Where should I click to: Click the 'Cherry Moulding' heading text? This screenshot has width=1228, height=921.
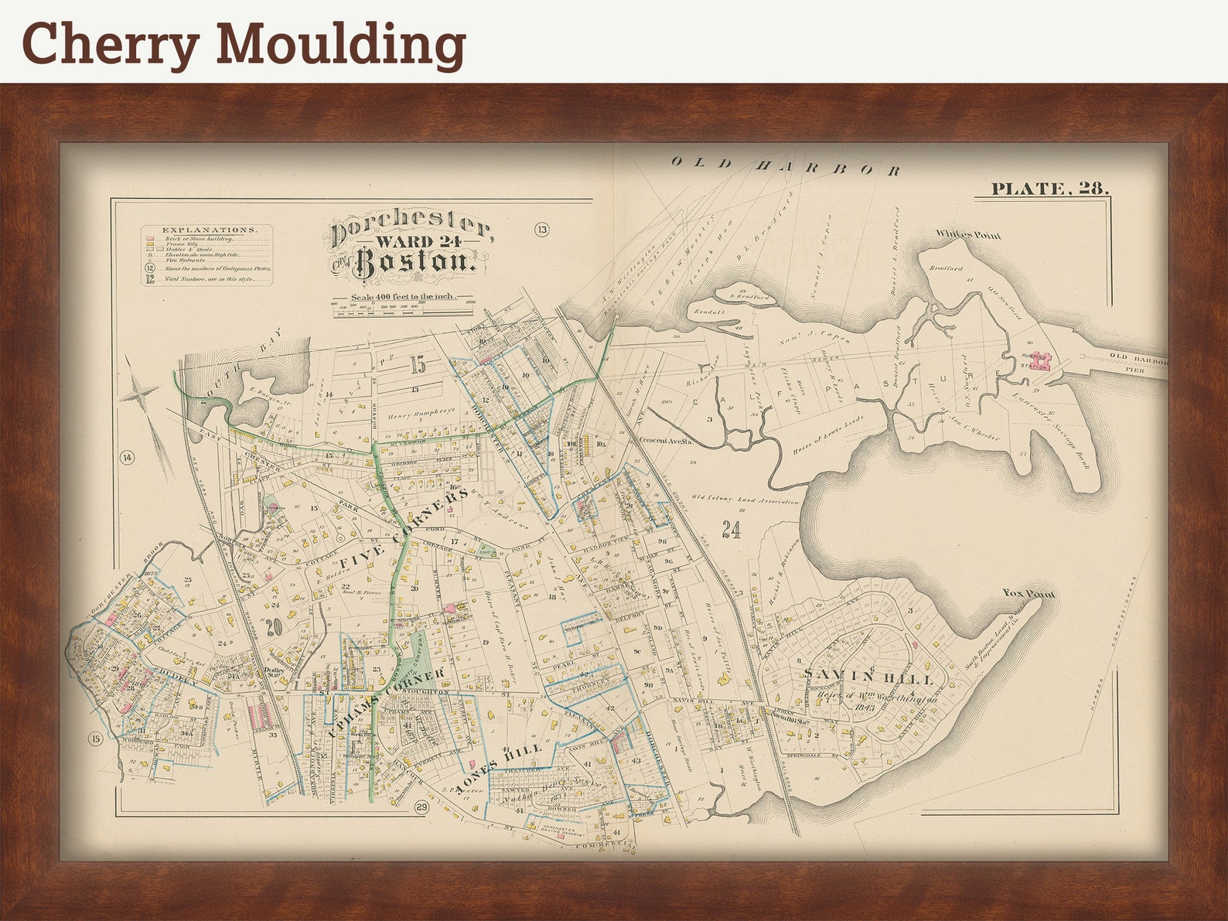click(x=244, y=43)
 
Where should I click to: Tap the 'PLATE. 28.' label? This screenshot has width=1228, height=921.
click(x=1049, y=188)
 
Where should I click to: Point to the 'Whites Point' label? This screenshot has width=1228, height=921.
click(x=967, y=234)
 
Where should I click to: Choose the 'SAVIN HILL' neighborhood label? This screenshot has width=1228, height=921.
click(x=868, y=677)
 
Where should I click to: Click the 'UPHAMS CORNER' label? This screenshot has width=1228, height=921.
click(x=385, y=702)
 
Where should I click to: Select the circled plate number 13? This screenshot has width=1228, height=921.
click(x=541, y=229)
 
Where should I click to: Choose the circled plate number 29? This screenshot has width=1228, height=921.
click(x=421, y=808)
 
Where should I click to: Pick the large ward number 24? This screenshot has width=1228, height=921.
click(x=730, y=530)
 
